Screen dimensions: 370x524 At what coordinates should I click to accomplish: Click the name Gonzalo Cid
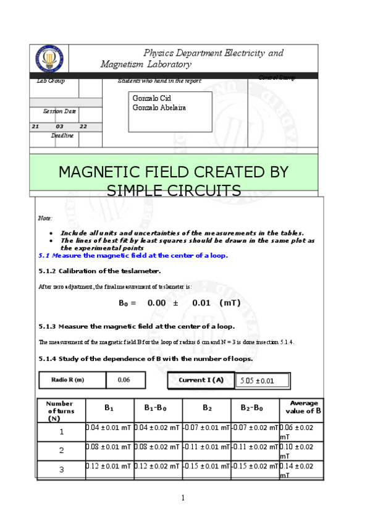[151, 98]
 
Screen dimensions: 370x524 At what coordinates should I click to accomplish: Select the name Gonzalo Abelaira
[159, 108]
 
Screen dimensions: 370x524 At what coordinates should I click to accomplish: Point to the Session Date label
[59, 111]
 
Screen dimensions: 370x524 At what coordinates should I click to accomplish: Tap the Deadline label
[62, 135]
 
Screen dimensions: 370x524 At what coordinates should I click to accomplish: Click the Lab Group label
[51, 81]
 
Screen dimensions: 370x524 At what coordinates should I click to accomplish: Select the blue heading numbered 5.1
[133, 255]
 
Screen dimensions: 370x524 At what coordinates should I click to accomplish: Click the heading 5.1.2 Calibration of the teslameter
[99, 271]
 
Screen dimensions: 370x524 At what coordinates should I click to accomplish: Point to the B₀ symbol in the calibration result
[126, 303]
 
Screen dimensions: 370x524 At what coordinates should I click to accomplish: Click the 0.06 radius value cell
[124, 380]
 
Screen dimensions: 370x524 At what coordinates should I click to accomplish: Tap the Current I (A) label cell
[201, 380]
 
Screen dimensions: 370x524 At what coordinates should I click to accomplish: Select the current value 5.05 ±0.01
[257, 381]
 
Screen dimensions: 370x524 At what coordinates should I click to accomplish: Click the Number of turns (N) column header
[60, 410]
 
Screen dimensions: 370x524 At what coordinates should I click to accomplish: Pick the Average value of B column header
[303, 407]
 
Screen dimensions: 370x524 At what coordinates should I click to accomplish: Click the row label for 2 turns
[61, 450]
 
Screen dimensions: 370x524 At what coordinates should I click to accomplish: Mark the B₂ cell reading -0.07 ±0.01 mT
[206, 428]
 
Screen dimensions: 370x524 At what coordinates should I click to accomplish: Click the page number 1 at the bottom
[183, 498]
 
